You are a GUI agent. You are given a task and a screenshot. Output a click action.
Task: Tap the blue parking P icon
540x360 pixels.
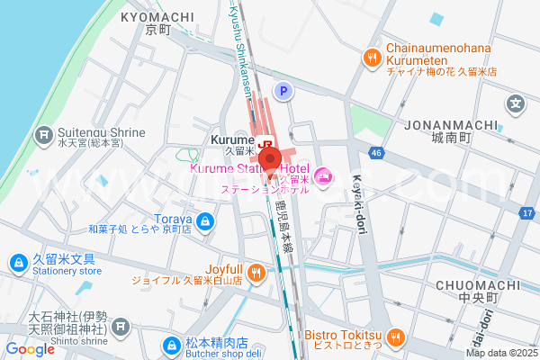[284, 90]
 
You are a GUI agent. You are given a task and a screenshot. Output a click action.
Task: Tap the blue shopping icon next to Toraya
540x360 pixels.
[206, 220]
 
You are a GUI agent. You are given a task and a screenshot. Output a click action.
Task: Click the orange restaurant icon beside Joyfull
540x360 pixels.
[257, 270]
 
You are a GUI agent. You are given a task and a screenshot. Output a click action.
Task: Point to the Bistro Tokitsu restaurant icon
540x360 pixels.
[398, 337]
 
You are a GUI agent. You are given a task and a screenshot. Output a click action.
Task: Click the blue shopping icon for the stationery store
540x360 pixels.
[17, 263]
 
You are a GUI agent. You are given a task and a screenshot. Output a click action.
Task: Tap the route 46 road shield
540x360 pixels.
[376, 154]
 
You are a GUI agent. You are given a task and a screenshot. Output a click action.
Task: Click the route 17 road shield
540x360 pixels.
[527, 213]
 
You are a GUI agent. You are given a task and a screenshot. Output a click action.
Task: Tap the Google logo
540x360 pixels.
[30, 349]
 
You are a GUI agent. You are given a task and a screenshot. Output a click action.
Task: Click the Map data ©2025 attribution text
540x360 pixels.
[500, 353]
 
